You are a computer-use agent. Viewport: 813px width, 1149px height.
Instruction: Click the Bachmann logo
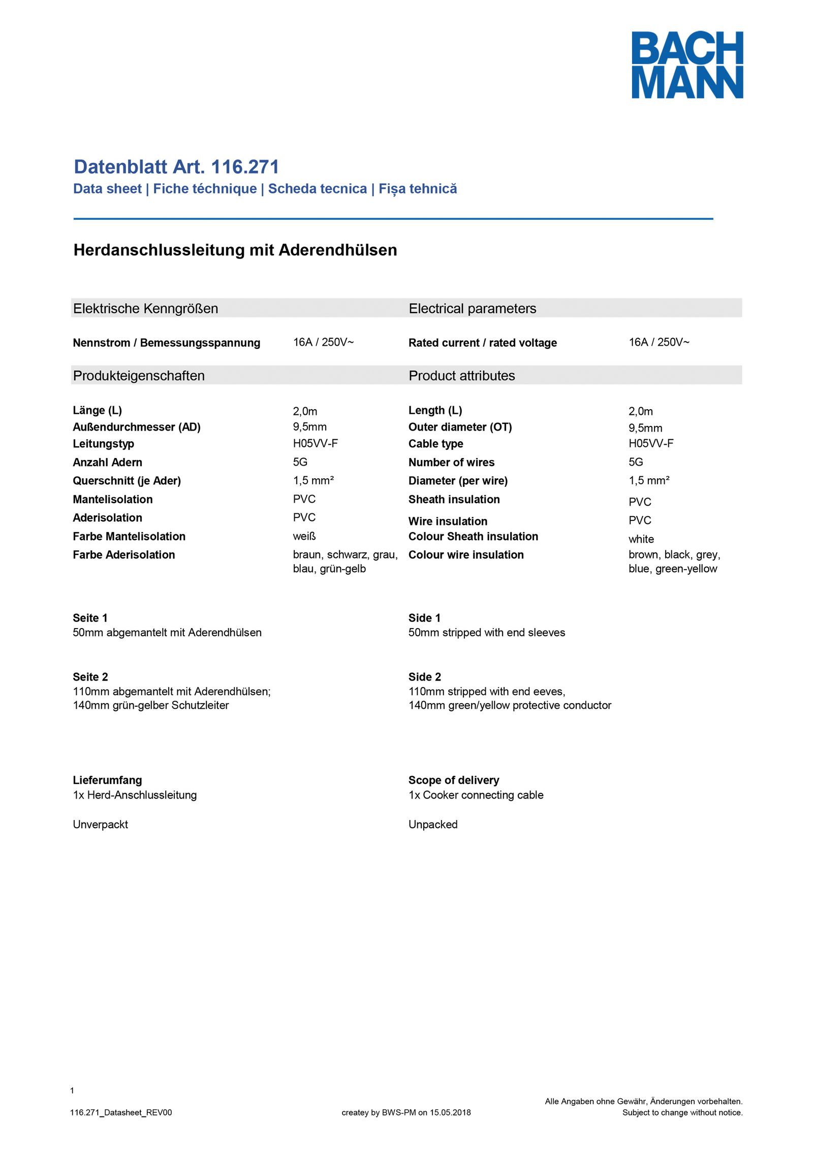[x=687, y=64]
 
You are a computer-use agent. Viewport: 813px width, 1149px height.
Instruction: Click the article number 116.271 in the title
[x=245, y=167]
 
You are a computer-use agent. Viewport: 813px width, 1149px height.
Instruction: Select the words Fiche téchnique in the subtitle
[x=205, y=189]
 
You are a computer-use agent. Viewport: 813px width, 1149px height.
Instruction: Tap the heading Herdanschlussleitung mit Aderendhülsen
[x=235, y=250]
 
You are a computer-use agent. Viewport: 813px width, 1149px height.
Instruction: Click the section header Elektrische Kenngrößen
[x=145, y=309]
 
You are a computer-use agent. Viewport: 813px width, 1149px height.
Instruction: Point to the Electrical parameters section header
[x=472, y=309]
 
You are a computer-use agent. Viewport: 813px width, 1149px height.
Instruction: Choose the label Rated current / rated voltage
[x=482, y=343]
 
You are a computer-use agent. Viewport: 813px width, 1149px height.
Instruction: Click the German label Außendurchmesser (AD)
[x=137, y=427]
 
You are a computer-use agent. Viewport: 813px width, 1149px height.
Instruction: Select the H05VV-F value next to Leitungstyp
[x=315, y=443]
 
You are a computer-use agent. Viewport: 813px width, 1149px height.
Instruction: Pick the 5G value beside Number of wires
[x=636, y=462]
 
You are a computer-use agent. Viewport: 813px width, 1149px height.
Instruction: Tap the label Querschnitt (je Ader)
[x=127, y=481]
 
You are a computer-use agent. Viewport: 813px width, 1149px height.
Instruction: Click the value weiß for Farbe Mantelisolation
[x=304, y=536]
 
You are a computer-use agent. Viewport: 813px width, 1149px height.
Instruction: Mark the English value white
[x=641, y=539]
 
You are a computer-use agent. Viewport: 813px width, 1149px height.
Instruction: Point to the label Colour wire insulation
[x=466, y=555]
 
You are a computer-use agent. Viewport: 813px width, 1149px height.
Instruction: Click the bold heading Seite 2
[x=90, y=677]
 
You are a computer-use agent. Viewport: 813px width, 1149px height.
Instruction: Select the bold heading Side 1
[x=424, y=618]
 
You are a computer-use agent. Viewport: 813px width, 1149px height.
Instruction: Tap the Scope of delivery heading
[x=454, y=780]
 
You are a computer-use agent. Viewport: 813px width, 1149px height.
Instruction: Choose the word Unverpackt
[x=101, y=824]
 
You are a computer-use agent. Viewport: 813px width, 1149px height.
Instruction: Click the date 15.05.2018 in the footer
[x=450, y=1112]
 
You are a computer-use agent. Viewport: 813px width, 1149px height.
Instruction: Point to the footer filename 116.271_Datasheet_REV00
[x=121, y=1112]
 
